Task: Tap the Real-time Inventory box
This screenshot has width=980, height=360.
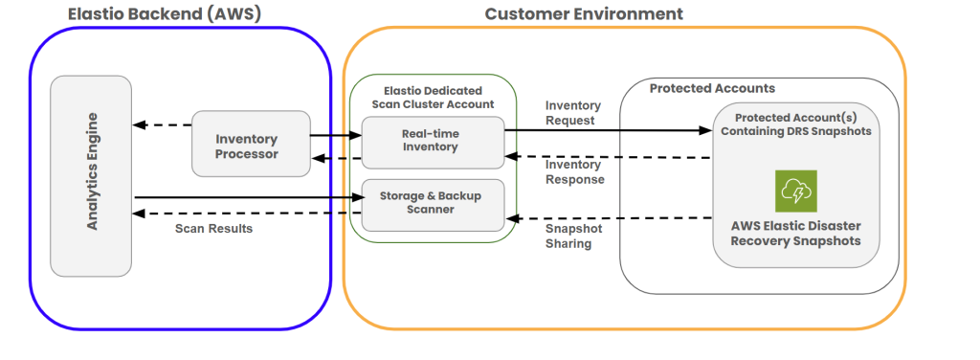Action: [433, 140]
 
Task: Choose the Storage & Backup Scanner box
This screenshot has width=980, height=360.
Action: [433, 202]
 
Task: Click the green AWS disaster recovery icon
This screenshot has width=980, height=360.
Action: [795, 191]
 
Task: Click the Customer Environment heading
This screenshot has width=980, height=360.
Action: [584, 13]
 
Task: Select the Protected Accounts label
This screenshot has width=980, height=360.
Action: [712, 88]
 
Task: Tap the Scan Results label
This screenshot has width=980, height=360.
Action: [215, 229]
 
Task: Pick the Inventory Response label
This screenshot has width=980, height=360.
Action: [574, 171]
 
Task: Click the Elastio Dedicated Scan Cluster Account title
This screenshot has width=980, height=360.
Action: [433, 97]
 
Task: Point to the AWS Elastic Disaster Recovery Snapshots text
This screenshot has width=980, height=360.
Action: [795, 233]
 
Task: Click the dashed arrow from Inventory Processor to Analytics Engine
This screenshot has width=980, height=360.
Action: [162, 124]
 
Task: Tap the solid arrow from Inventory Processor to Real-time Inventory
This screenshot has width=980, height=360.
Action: [334, 136]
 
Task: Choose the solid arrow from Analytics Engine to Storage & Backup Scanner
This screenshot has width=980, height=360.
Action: [249, 198]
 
